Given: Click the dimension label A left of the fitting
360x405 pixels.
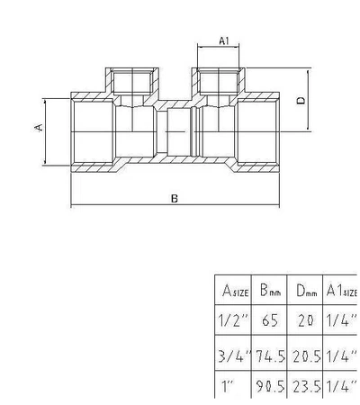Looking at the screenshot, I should [x=39, y=128].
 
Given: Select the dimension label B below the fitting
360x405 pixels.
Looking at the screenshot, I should [x=174, y=199].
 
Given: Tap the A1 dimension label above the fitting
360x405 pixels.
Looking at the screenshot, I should [x=226, y=40].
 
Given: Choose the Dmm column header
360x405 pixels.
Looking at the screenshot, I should [x=305, y=291].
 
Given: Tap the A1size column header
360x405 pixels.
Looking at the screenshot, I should [x=341, y=291].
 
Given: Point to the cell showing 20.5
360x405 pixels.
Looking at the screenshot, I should [x=305, y=355].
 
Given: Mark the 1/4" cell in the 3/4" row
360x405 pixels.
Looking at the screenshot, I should [x=342, y=355].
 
